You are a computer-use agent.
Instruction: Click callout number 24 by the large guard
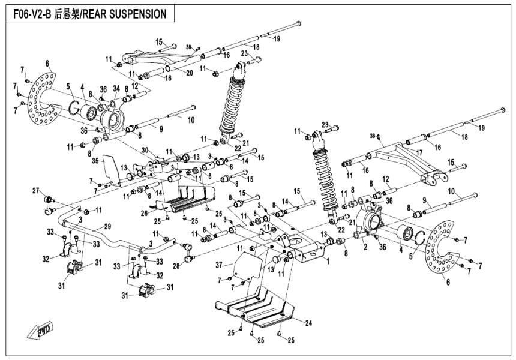point(308,322)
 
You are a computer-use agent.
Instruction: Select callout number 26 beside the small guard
point(145,212)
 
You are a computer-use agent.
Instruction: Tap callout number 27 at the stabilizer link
point(35,191)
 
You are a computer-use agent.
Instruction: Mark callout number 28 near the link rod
point(175,265)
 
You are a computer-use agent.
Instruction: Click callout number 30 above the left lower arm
point(145,150)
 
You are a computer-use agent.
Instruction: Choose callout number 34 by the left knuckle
point(116,88)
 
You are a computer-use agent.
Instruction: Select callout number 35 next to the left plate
point(94,161)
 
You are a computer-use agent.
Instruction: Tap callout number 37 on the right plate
point(220,265)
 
